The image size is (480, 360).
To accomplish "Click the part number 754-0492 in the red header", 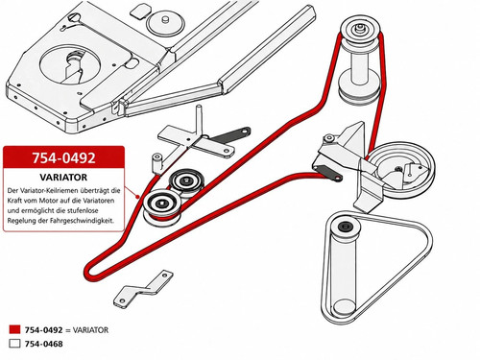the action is click(x=63, y=157).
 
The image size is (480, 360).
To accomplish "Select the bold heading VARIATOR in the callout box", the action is click(x=63, y=178).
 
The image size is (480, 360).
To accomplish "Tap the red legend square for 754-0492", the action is click(x=14, y=329).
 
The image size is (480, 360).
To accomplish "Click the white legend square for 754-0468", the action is click(x=14, y=344).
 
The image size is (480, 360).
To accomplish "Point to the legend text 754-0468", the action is click(x=44, y=344).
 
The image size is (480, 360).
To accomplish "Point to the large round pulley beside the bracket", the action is click(x=404, y=170).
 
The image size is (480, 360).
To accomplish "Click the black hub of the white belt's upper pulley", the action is click(x=346, y=227).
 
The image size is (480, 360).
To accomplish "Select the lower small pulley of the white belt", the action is click(x=344, y=307).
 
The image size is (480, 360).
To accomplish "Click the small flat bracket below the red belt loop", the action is click(x=143, y=290).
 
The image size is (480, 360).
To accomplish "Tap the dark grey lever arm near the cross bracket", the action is click(x=231, y=134).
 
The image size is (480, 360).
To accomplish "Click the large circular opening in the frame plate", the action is click(x=70, y=64).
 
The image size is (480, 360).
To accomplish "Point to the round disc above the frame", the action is click(x=165, y=23).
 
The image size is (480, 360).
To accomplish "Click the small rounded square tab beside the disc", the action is click(x=140, y=12).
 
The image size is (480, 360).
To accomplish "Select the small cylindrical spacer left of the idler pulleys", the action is click(x=156, y=163).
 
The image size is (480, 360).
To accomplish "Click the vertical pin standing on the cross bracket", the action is click(x=199, y=122).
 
